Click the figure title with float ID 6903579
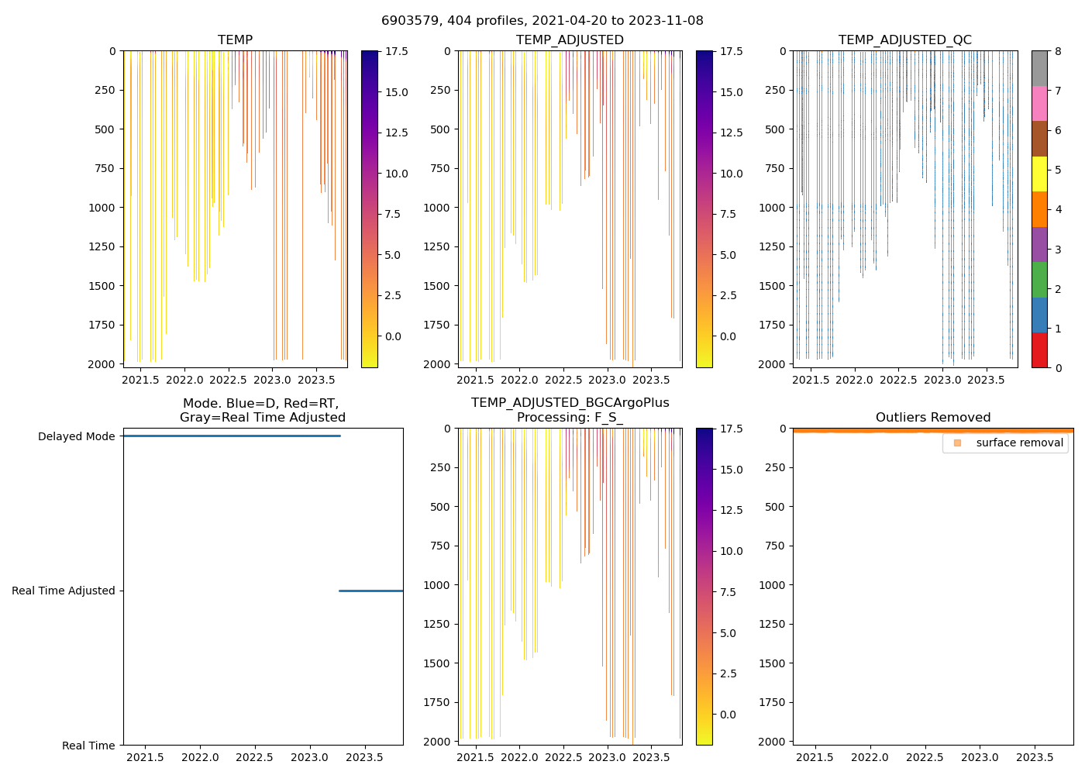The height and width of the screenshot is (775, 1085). pos(542,21)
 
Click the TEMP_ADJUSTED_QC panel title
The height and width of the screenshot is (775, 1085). pos(904,40)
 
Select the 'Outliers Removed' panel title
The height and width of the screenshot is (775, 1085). pos(932,418)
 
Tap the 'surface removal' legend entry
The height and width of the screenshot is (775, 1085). pos(1019,443)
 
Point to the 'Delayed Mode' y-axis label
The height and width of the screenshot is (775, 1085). pos(76,437)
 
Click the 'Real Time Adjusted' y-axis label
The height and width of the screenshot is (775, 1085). pos(63,591)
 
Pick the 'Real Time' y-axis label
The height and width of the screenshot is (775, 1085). pos(88,746)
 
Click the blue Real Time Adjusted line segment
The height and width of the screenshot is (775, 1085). pos(370,591)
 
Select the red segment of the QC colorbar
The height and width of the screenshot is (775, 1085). pos(1038,350)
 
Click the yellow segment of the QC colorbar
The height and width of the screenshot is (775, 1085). pos(1038,174)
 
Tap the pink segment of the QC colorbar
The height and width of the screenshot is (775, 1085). pos(1038,103)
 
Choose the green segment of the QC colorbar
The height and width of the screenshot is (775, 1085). pos(1038,279)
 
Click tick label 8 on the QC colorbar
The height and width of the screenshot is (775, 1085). pos(1058,51)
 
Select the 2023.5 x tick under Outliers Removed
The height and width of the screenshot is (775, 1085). pos(1035,757)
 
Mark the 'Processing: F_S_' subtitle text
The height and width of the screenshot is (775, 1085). pos(570,418)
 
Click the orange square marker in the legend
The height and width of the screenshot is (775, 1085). pos(957,443)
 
